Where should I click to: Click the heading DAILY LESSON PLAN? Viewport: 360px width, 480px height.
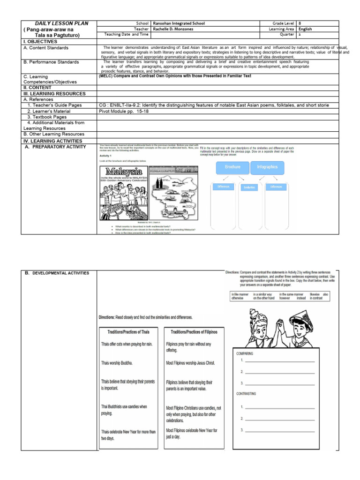61,23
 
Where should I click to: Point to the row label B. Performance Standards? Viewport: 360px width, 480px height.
51,62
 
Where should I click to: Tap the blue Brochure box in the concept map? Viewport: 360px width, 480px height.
232,166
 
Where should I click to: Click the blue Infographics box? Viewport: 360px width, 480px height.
267,166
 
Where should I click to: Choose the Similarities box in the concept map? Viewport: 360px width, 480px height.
250,187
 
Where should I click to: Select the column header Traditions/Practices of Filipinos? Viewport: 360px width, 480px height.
192,331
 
